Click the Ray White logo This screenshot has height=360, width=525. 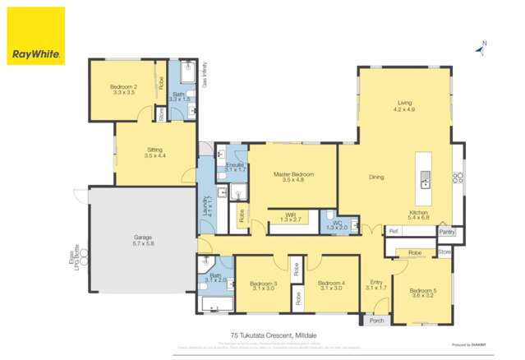tap(35, 36)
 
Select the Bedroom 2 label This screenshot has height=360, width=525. tap(123, 88)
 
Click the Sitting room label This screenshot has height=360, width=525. tap(154, 151)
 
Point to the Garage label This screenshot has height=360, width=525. tap(143, 241)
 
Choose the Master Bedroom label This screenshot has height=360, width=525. tap(293, 175)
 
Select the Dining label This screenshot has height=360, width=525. tap(376, 177)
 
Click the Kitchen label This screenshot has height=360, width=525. tap(419, 214)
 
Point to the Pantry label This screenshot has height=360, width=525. tap(446, 232)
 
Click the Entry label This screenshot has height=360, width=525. tap(375, 284)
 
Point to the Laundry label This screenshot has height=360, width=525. tap(205, 205)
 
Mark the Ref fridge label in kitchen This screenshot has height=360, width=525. tap(393, 232)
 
